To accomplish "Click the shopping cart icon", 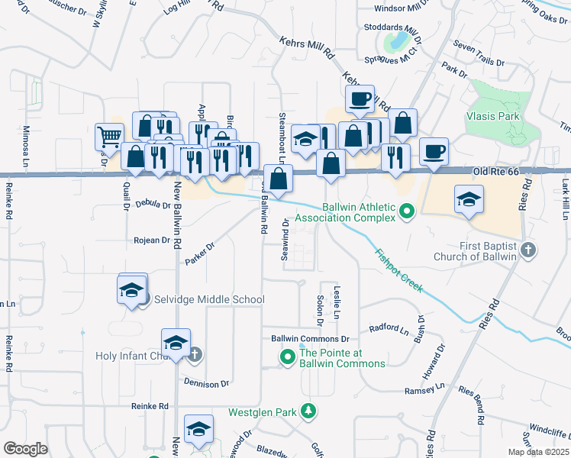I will point(109,137).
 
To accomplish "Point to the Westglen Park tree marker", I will point(308,411).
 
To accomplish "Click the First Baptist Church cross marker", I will point(527,250).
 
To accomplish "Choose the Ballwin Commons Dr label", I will point(310,338).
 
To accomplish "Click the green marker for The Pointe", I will point(288,356).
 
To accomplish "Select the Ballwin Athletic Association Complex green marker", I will point(407,211).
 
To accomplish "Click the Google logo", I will point(25,449).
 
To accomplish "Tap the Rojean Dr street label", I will point(150,240).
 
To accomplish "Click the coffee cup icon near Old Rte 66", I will point(434,152).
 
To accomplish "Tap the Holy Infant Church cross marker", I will point(195,354).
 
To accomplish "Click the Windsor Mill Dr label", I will point(408,8).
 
